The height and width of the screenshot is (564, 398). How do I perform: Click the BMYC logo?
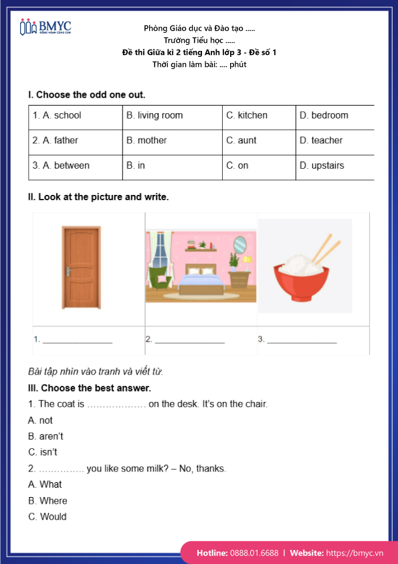pos(45,27)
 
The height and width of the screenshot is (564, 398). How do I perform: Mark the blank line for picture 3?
pos(302,342)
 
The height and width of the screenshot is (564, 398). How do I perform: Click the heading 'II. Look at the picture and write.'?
pos(98,197)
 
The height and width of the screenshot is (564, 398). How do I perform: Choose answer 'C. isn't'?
pos(43,452)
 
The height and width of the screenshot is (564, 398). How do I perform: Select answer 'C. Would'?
pos(47,516)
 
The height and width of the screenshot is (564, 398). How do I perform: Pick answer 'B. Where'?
pos(47,500)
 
